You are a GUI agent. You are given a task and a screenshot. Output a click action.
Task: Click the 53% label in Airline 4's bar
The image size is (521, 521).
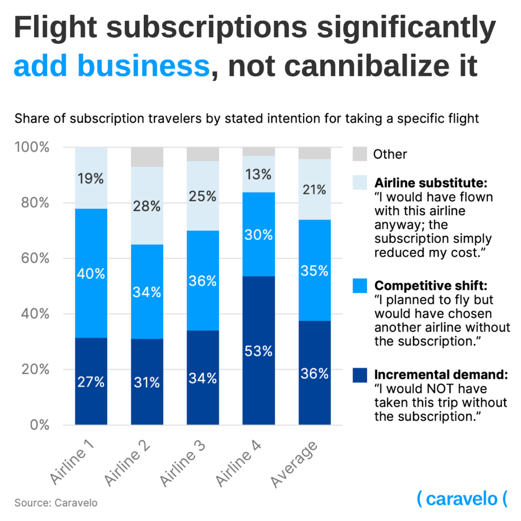258,351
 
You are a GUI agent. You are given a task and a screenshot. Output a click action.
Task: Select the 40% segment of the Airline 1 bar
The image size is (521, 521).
91,273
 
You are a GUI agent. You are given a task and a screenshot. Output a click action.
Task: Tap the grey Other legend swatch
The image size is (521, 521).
360,154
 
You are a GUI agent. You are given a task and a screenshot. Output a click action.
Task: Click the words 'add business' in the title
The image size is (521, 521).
111,67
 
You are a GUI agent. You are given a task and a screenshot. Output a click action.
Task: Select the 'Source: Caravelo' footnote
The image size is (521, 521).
56,503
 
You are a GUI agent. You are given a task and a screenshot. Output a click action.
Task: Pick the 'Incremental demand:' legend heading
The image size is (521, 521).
441,375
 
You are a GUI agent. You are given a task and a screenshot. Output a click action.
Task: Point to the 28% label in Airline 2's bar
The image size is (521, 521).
147,207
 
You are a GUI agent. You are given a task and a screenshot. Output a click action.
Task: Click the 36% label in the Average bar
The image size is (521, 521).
314,374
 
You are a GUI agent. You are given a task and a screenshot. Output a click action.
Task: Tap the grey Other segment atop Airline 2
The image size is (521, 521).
147,157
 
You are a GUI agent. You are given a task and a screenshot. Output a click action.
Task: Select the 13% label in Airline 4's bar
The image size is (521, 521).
258,175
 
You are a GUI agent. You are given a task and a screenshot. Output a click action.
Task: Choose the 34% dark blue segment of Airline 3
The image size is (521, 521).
203,378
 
